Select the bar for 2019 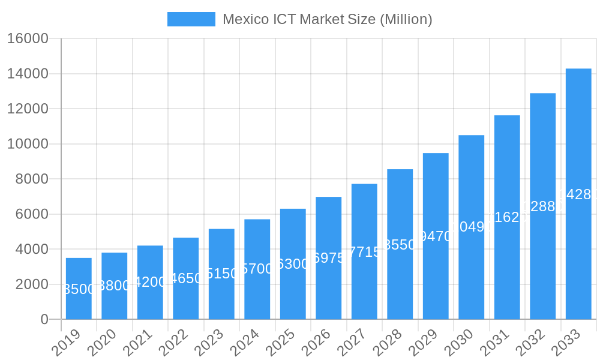(x=79, y=289)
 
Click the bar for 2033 (x=578, y=194)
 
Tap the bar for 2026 (x=329, y=258)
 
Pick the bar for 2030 (x=472, y=227)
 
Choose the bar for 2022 (x=186, y=278)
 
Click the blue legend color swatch (x=191, y=19)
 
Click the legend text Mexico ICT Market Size (x=327, y=19)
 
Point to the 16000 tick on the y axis (x=28, y=39)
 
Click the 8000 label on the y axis (x=32, y=179)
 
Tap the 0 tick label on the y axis (x=44, y=320)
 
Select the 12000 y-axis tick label (x=28, y=109)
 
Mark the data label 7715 (x=364, y=252)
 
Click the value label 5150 (x=221, y=274)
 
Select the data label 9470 (x=436, y=236)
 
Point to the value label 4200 (x=150, y=282)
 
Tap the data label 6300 (x=293, y=264)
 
